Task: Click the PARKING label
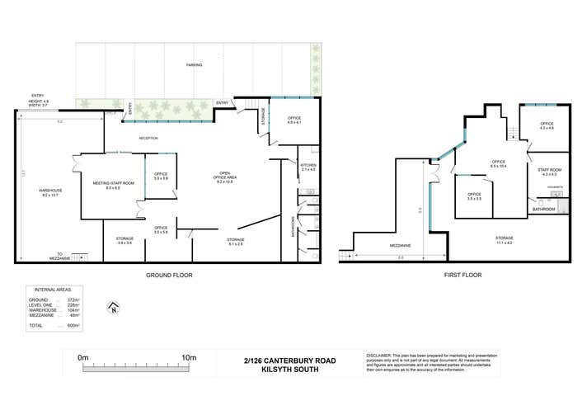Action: (194, 64)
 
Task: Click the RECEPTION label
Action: (148, 138)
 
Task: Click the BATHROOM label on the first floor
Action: (543, 210)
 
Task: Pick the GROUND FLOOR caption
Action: (169, 275)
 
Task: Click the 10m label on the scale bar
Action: (188, 357)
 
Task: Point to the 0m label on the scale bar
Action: (82, 357)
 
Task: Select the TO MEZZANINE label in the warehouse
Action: (60, 256)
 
